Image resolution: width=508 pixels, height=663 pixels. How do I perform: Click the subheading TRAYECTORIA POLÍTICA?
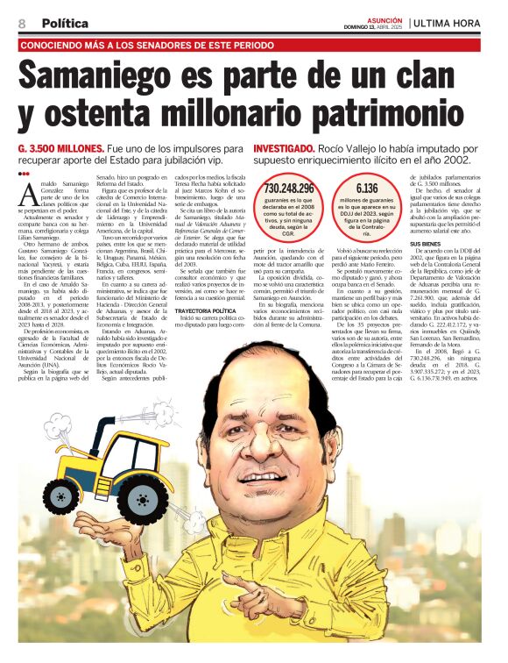click(x=205, y=310)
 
